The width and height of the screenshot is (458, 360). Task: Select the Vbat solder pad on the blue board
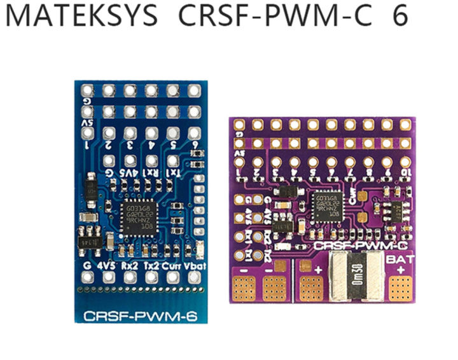coord(193,278)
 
